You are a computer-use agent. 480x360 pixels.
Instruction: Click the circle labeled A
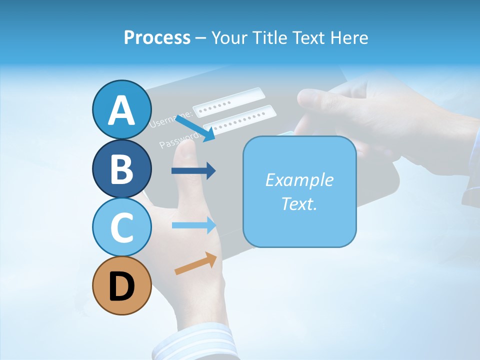click(x=122, y=109)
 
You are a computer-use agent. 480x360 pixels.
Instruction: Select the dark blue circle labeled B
click(x=122, y=168)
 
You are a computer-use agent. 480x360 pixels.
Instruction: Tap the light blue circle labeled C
click(x=122, y=227)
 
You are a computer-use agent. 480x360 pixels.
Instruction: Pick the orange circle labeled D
click(x=122, y=286)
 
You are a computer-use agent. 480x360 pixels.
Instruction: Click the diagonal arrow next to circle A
click(x=195, y=128)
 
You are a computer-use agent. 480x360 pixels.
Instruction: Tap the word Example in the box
click(x=299, y=180)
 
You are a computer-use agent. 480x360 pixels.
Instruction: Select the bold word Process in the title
click(x=157, y=37)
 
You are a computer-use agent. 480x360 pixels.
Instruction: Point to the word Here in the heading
click(x=350, y=37)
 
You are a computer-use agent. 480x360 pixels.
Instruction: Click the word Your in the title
click(x=228, y=37)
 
